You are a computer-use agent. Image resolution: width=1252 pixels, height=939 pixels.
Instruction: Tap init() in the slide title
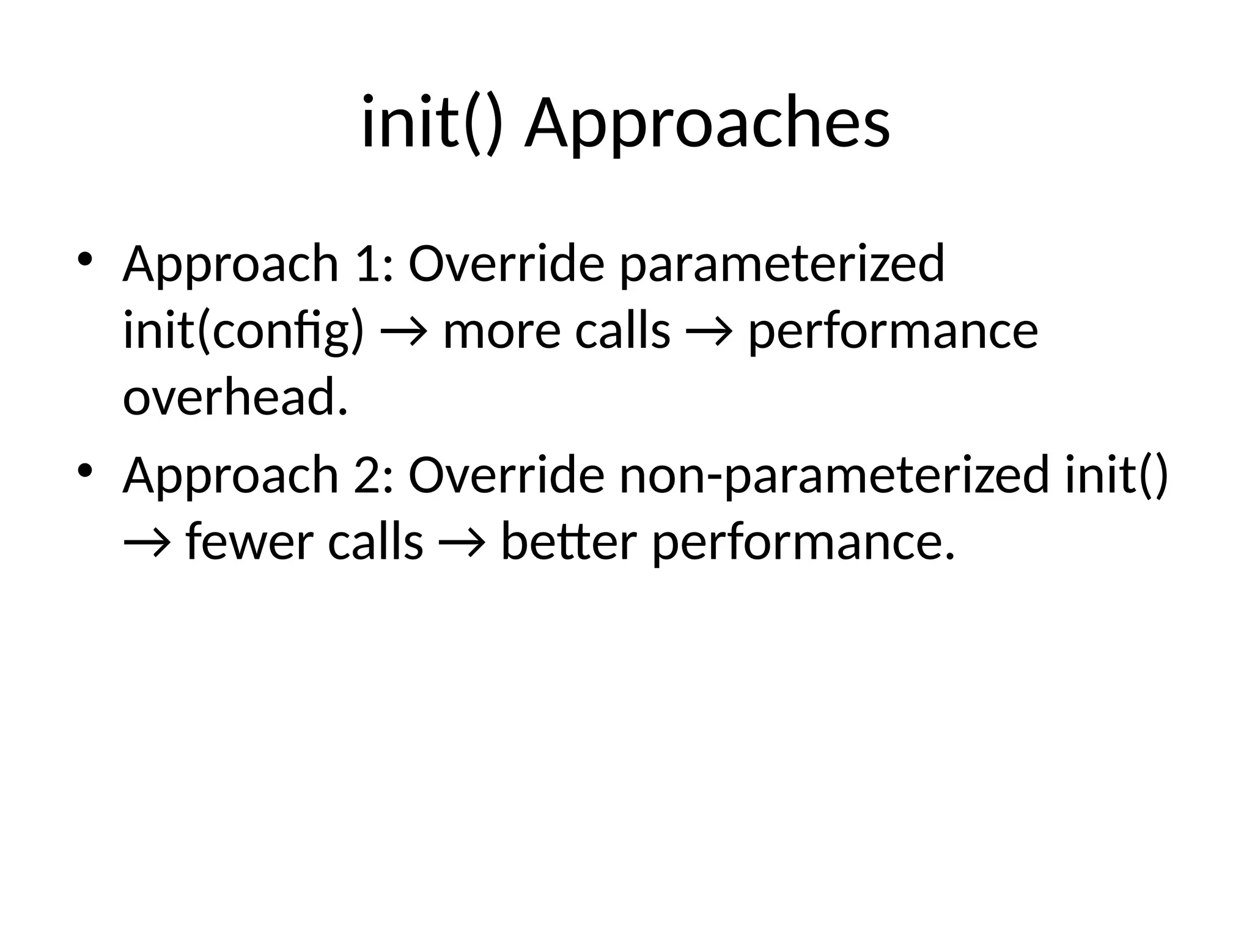pos(432,124)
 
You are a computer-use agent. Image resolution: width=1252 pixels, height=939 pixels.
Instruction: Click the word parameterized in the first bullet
pos(782,264)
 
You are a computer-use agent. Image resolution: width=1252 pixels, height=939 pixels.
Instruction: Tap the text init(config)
pos(243,331)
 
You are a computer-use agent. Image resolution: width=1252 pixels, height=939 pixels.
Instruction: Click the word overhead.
pos(235,398)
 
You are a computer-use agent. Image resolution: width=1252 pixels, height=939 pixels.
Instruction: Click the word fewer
pos(251,542)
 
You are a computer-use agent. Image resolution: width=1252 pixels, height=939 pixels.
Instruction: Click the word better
pos(569,542)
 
